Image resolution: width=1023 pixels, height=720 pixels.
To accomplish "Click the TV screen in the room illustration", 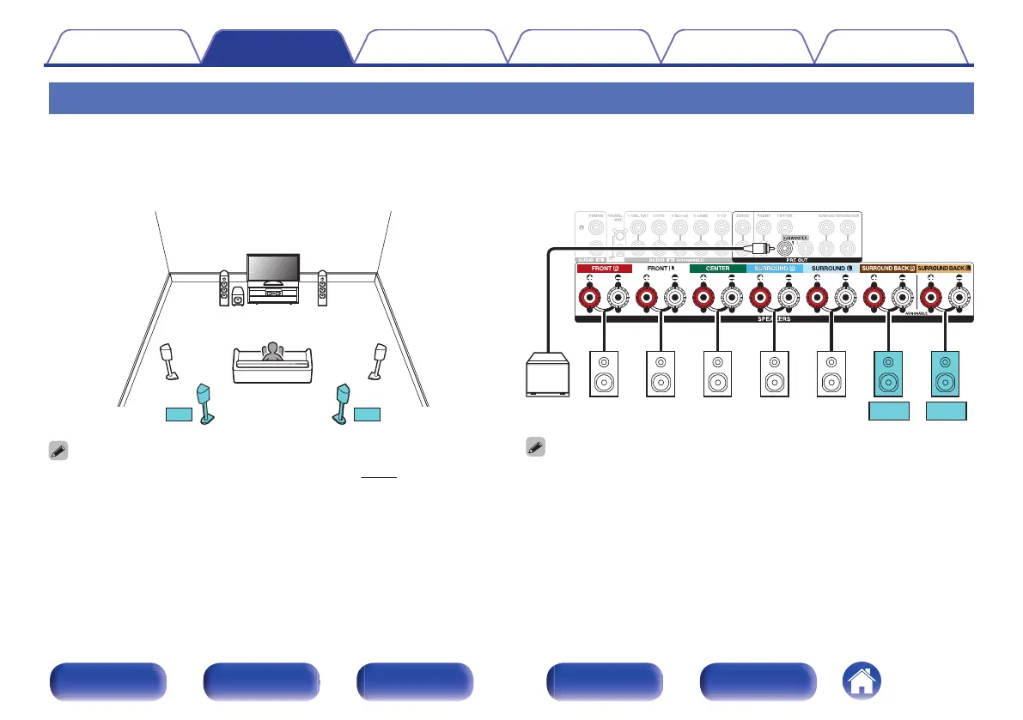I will [273, 267].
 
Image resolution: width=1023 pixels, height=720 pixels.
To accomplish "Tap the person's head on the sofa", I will [273, 349].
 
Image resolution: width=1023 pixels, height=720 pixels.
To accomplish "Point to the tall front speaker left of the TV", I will [224, 289].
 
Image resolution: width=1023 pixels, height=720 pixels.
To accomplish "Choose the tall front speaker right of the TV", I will [322, 289].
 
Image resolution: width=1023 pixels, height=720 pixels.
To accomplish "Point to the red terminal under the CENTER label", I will [702, 298].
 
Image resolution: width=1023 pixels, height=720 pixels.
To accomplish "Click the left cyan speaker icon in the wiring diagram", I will [888, 373].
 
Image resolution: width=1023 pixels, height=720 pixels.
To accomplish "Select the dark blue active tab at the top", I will [277, 47].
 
